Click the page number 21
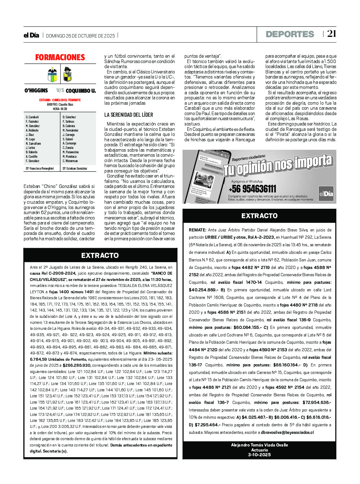click(x=331, y=34)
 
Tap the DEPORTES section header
click(x=290, y=34)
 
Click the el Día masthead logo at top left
click(x=31, y=35)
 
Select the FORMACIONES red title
click(x=60, y=57)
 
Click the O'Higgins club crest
click(x=52, y=75)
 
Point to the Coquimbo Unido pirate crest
click(x=67, y=74)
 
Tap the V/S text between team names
click(x=60, y=90)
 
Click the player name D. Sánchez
click(x=69, y=117)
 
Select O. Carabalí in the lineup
click(x=32, y=117)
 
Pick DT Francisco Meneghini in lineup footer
click(x=40, y=168)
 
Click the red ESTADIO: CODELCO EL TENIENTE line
click(x=60, y=100)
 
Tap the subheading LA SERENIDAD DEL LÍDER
click(x=129, y=115)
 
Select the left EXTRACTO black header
click(x=100, y=255)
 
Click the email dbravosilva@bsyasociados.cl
click(x=287, y=432)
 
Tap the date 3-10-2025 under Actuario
click(x=259, y=455)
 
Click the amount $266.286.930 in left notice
click(x=77, y=365)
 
